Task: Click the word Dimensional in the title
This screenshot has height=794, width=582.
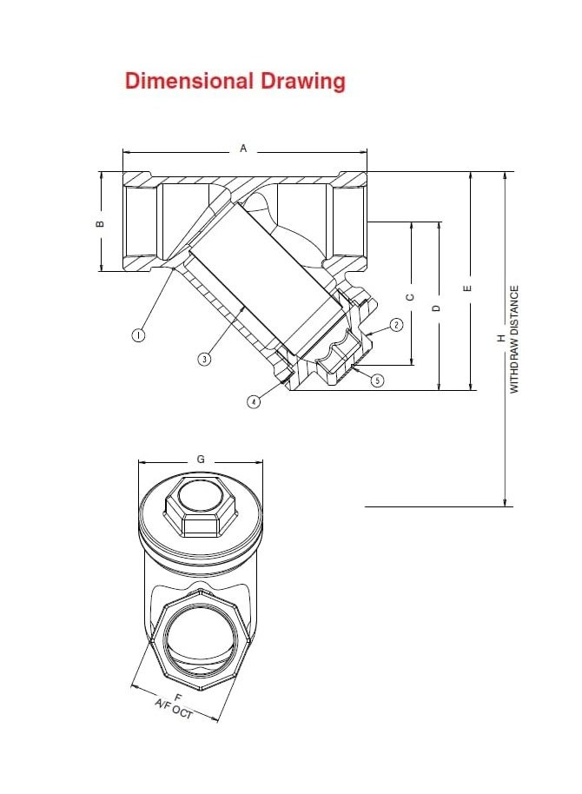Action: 190,82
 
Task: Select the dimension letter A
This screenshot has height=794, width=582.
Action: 244,149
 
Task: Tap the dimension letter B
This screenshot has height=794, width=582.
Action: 100,223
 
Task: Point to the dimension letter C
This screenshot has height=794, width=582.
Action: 411,295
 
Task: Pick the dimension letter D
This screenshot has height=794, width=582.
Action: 438,307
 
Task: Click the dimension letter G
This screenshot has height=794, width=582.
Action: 201,459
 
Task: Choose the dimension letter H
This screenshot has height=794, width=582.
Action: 501,339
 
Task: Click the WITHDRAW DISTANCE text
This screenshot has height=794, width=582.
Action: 513,339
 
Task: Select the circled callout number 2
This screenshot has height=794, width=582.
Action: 396,325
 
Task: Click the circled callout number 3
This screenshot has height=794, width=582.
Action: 204,358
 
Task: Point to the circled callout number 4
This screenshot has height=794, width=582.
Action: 253,401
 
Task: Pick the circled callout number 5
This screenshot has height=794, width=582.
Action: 377,380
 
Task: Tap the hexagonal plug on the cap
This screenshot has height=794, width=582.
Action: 201,503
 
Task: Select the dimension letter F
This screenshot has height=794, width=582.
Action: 178,698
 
